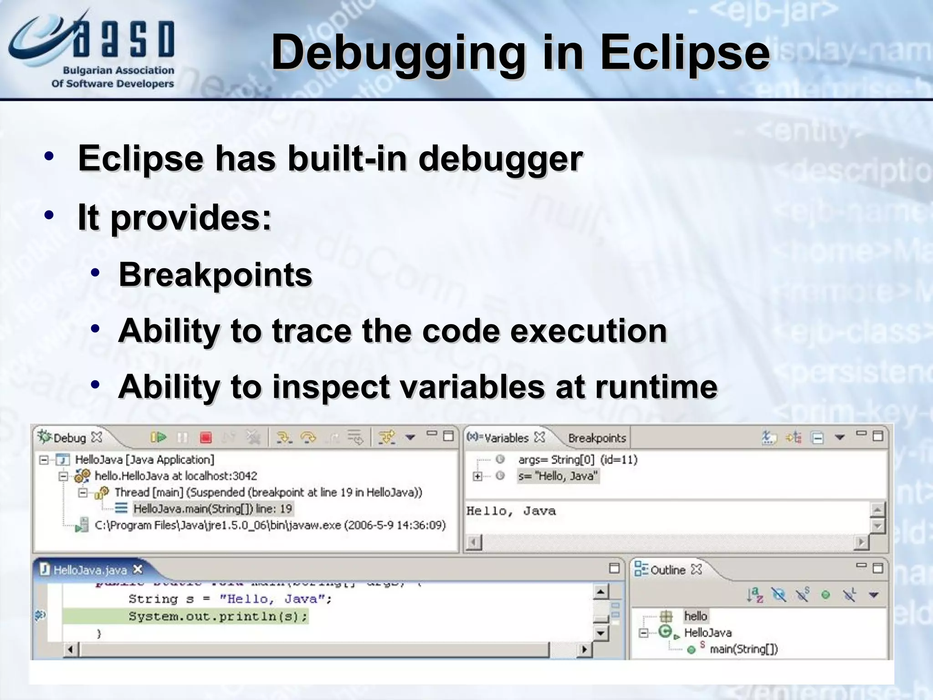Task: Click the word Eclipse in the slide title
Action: pyautogui.click(x=684, y=54)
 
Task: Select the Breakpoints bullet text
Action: pyautogui.click(x=215, y=275)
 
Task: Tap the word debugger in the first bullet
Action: pyautogui.click(x=500, y=159)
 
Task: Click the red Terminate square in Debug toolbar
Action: pyautogui.click(x=206, y=437)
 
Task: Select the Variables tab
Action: pyautogui.click(x=506, y=438)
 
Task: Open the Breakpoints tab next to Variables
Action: pyautogui.click(x=597, y=438)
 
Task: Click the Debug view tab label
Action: pyautogui.click(x=69, y=438)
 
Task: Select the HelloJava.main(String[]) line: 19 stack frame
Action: pyautogui.click(x=212, y=509)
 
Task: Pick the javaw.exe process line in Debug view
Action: pyautogui.click(x=270, y=525)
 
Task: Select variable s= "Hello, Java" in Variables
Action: pyautogui.click(x=558, y=476)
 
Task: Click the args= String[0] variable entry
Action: pyautogui.click(x=578, y=459)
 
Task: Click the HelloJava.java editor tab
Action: pyautogui.click(x=90, y=570)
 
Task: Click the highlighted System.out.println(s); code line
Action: pyautogui.click(x=218, y=617)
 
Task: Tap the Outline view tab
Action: pyautogui.click(x=667, y=570)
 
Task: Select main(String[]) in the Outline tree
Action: pyautogui.click(x=743, y=649)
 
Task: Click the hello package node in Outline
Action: pyautogui.click(x=695, y=616)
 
